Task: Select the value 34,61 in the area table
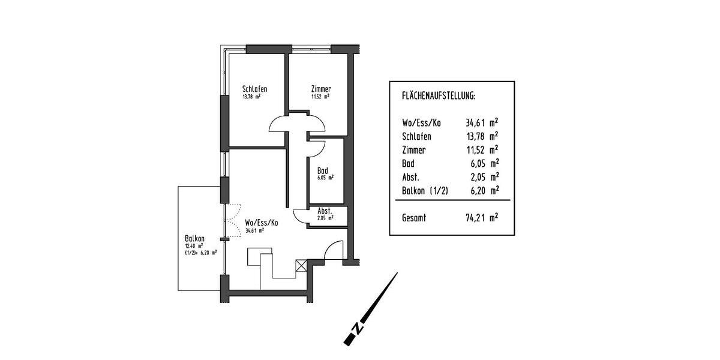click(478, 123)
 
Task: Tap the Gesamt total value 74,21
click(478, 218)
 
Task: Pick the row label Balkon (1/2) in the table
click(427, 191)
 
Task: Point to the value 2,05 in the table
click(480, 177)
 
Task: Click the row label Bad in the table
click(408, 163)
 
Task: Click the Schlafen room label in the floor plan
click(254, 89)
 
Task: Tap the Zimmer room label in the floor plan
click(321, 89)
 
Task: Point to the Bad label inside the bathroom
click(323, 170)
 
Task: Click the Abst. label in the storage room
click(325, 211)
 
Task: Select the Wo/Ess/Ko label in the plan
click(262, 223)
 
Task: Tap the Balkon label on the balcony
click(195, 238)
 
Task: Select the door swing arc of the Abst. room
click(299, 215)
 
